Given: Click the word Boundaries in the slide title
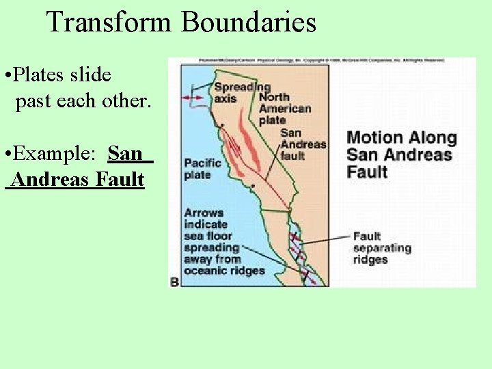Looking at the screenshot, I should click(248, 23).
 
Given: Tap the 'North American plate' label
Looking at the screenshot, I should click(284, 108).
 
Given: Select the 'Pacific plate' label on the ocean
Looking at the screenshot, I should click(202, 168).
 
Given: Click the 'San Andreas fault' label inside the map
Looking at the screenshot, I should click(303, 143).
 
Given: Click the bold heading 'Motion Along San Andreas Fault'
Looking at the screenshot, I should click(401, 154).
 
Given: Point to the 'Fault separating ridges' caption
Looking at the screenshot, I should click(381, 248).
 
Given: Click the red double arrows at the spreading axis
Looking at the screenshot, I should click(193, 98).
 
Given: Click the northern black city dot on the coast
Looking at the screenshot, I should click(222, 125).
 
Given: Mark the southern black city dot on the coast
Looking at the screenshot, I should click(253, 185).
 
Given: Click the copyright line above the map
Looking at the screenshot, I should click(321, 61).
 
